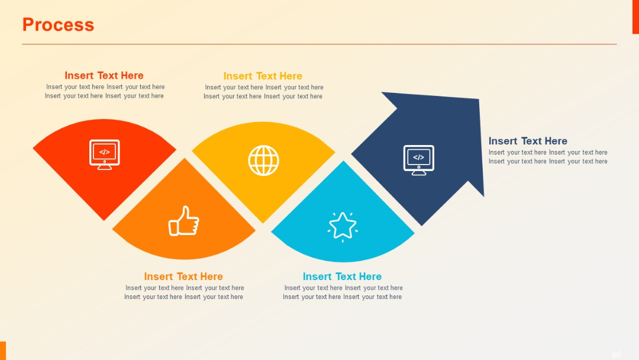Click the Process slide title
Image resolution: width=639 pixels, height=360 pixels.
tap(58, 25)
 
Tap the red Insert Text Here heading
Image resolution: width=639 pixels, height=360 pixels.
tap(104, 75)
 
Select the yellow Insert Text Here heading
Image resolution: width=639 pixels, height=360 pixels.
tap(263, 76)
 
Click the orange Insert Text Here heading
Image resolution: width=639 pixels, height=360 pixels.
tap(183, 277)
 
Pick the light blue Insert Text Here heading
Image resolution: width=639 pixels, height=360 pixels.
tap(342, 277)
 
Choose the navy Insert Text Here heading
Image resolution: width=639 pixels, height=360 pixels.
tap(528, 141)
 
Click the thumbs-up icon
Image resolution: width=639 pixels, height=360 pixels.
tap(183, 221)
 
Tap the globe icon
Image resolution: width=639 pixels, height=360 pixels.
tap(263, 160)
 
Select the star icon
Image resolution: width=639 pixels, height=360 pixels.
tap(343, 227)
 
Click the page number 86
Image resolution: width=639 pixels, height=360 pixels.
tap(617, 355)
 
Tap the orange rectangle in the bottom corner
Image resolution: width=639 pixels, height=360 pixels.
tap(3, 350)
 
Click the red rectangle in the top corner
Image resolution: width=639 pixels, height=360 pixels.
tap(635, 17)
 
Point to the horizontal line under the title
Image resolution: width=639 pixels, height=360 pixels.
tap(319, 44)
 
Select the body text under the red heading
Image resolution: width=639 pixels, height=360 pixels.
tap(105, 91)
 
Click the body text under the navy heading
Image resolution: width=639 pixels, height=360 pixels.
tap(548, 157)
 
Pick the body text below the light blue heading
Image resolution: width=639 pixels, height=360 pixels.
tap(343, 292)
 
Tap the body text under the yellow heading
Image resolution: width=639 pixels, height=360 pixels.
tap(263, 92)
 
